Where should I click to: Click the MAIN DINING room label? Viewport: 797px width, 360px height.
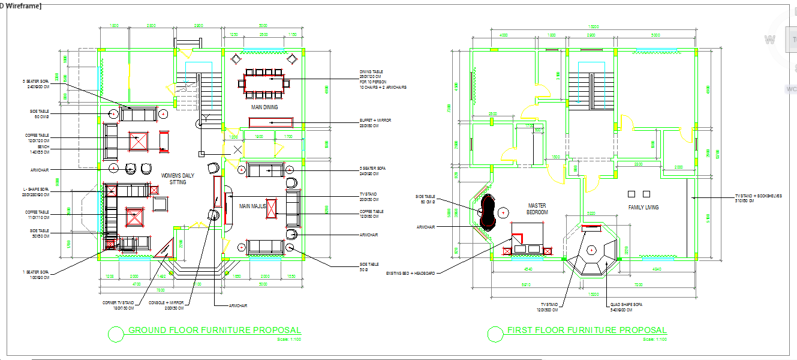264,107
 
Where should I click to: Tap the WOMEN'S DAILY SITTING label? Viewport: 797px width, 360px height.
178,179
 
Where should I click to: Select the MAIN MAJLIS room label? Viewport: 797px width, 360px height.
252,206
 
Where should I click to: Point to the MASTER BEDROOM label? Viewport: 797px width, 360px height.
537,209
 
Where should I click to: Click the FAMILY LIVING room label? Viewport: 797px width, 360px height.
643,208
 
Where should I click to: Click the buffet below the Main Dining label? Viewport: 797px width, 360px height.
270,122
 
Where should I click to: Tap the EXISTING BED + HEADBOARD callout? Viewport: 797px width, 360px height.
411,273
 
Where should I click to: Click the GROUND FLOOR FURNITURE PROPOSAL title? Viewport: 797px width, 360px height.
215,331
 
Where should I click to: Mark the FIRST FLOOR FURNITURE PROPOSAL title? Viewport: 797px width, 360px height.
587,331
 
